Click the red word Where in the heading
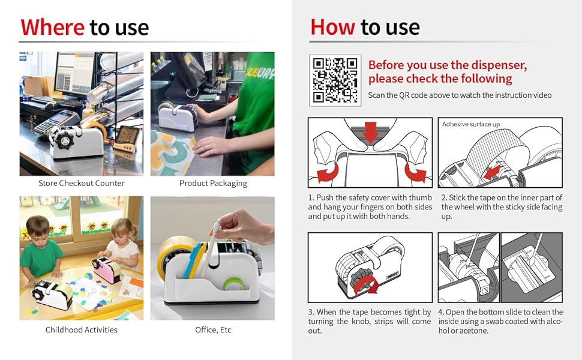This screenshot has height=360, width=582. tap(52, 27)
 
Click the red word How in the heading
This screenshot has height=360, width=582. tap(332, 27)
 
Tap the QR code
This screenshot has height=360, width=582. tap(335, 80)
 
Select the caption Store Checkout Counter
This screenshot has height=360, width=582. tap(81, 183)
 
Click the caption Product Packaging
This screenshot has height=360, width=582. tap(213, 184)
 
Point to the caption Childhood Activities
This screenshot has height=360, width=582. tap(81, 329)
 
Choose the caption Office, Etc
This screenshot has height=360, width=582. tap(213, 329)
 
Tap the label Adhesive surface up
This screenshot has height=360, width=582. tap(470, 124)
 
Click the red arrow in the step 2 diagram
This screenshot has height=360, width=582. tap(491, 172)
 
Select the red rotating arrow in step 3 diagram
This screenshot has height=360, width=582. tap(365, 286)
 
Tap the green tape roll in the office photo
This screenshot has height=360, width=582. tap(234, 284)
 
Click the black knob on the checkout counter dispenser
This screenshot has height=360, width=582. tap(65, 140)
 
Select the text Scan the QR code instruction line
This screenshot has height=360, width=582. tap(460, 95)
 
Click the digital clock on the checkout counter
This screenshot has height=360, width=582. tap(126, 138)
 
